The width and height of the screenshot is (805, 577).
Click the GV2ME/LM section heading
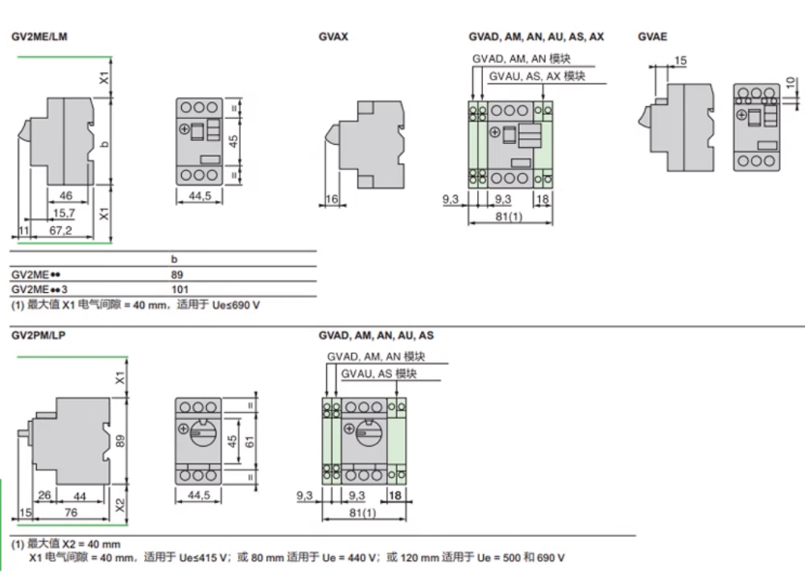click(39, 36)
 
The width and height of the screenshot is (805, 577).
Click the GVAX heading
click(333, 36)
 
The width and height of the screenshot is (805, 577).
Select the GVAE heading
click(653, 36)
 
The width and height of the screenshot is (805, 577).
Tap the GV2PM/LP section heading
click(39, 336)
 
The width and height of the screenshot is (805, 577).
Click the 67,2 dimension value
click(60, 230)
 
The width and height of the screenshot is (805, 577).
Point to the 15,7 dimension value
click(64, 213)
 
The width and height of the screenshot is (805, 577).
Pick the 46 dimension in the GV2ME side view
click(66, 196)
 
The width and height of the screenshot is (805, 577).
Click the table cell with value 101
click(180, 290)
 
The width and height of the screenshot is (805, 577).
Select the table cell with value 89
click(177, 274)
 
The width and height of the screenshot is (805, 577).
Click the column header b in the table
click(174, 259)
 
